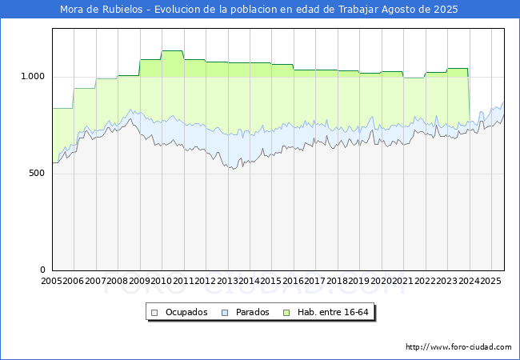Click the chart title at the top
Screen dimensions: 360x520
(259, 10)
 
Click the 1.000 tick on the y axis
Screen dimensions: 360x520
(34, 77)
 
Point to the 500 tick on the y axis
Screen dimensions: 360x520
(38, 174)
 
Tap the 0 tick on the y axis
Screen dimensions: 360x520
(44, 270)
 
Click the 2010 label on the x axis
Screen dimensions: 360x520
(161, 282)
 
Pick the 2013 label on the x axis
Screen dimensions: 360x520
(226, 282)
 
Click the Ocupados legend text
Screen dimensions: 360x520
(186, 312)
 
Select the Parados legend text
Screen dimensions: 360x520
(252, 312)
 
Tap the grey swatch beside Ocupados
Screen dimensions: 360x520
(156, 312)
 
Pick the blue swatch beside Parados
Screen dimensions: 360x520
(226, 312)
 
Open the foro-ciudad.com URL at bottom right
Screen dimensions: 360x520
(458, 347)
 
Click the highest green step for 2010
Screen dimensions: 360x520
(172, 51)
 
